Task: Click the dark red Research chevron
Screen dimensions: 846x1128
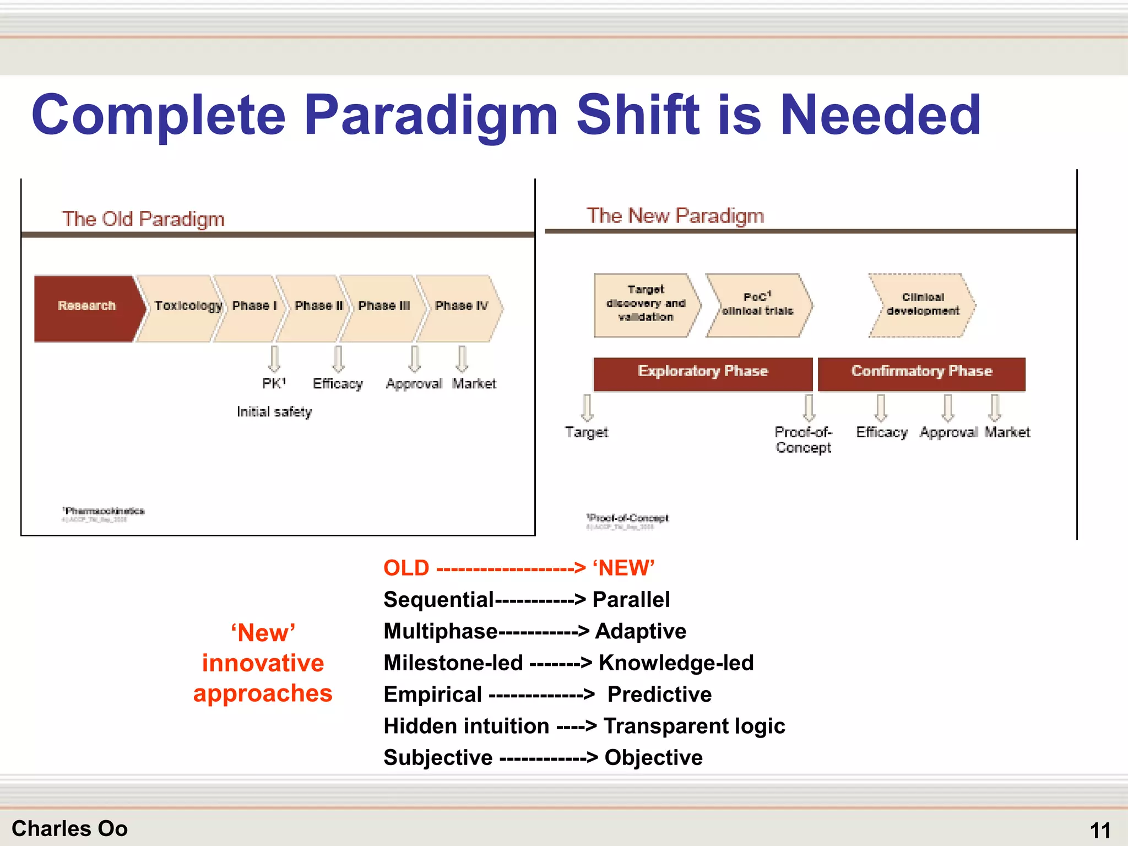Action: (87, 307)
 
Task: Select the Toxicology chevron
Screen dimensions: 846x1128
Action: (182, 307)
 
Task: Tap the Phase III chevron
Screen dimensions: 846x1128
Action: (384, 307)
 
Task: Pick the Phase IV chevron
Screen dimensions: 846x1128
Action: (462, 307)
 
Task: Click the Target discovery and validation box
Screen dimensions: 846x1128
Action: (646, 304)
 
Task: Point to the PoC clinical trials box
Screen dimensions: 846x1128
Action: (758, 305)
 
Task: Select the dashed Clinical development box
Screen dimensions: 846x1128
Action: (923, 305)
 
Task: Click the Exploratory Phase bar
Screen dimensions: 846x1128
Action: (703, 373)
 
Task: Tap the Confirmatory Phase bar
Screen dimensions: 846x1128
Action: (921, 373)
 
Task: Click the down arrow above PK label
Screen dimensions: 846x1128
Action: (274, 359)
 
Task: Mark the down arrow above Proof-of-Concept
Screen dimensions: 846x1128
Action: (809, 408)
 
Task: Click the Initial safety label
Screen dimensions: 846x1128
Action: (274, 412)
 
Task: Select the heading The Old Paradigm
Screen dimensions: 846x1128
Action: (143, 219)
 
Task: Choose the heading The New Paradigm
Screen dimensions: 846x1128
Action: (675, 216)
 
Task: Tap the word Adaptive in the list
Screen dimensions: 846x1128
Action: (641, 631)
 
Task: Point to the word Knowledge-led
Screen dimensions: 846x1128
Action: (676, 663)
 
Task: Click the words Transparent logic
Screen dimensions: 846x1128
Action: (694, 726)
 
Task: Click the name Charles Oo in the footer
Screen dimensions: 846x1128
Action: (70, 828)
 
